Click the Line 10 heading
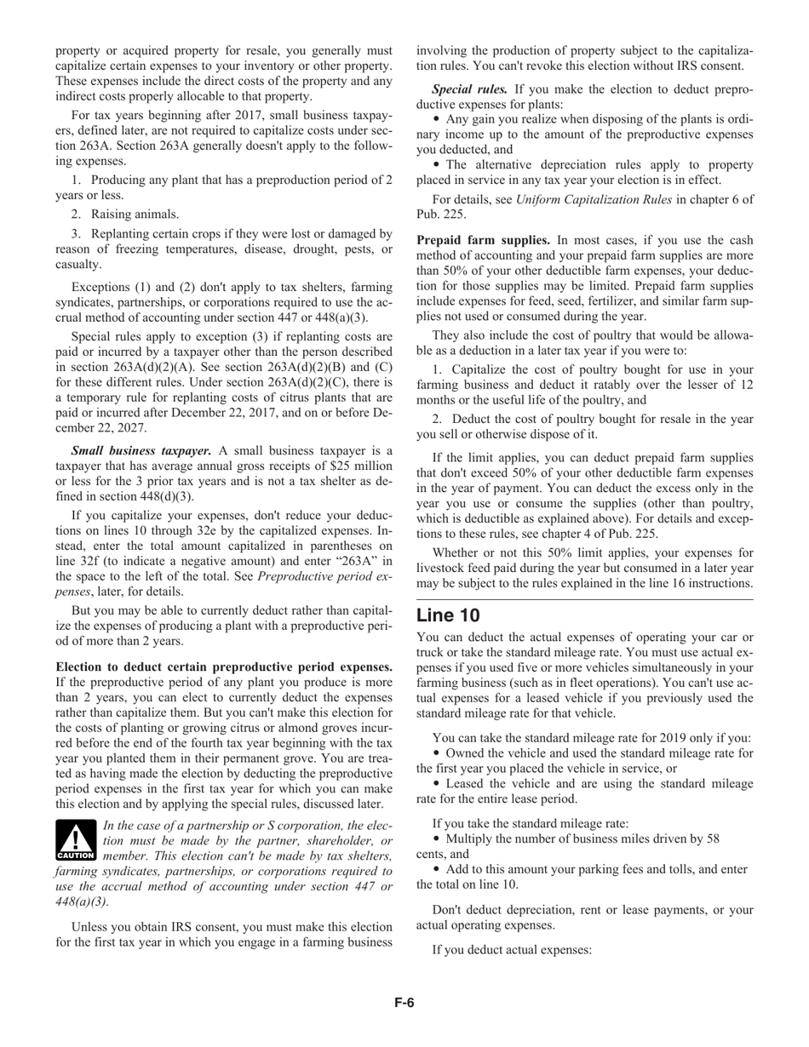click(448, 615)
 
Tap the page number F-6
click(404, 1002)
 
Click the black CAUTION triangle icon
click(76, 840)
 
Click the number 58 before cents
click(711, 838)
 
